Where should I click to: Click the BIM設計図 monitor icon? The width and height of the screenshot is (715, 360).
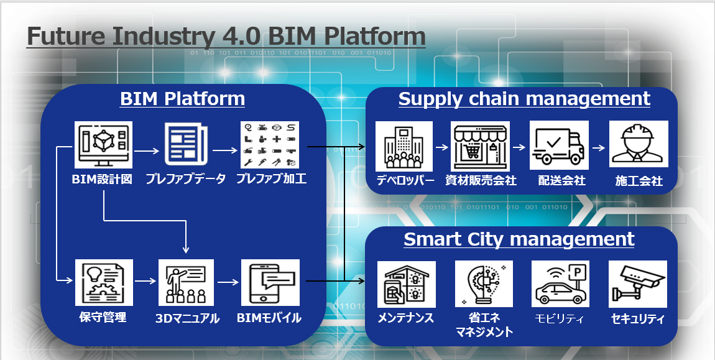[x=103, y=145]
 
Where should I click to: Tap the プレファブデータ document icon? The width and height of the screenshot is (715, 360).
[x=186, y=145]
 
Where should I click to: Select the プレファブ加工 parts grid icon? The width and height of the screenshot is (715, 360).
[x=270, y=145]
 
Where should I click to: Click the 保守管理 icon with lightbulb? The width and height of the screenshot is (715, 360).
[x=104, y=282]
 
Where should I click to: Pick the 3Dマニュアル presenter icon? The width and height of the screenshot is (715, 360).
[x=186, y=282]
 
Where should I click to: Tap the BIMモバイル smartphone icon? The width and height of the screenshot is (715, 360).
[x=270, y=282]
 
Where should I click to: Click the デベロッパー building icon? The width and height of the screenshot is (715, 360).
[x=404, y=146]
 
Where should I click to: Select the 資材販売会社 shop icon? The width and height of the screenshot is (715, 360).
[x=480, y=146]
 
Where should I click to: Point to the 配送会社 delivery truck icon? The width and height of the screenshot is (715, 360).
[x=559, y=145]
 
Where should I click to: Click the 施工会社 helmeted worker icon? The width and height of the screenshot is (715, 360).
[x=639, y=144]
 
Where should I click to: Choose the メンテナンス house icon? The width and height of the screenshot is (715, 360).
[x=406, y=284]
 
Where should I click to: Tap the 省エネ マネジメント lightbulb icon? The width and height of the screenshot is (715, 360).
[x=484, y=284]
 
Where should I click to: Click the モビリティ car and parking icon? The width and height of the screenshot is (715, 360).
[x=560, y=284]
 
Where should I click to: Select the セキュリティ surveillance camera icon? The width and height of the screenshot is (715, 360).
[x=638, y=284]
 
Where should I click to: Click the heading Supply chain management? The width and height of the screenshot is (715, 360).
[x=524, y=99]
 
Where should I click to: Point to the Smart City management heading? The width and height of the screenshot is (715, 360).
[x=519, y=239]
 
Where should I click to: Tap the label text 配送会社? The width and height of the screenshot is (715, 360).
[x=562, y=181]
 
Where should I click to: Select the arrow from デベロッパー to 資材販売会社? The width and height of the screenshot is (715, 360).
[x=442, y=147]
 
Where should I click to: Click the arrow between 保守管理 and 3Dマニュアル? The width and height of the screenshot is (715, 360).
[x=146, y=281]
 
